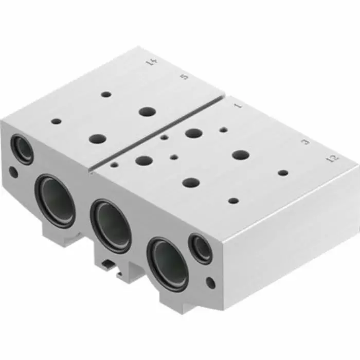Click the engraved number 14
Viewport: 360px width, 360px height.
[x=151, y=63]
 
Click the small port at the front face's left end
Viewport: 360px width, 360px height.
[x=22, y=149]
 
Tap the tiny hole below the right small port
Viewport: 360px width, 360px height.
[x=210, y=281]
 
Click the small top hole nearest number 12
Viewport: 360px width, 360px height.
[x=283, y=172]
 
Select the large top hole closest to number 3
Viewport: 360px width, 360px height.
[x=240, y=154]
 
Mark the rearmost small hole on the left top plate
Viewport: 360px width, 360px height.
[x=106, y=95]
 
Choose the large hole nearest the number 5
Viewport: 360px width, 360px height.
[x=148, y=111]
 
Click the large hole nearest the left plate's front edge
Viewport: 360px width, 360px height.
[x=97, y=139]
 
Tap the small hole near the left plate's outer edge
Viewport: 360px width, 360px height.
[x=56, y=122]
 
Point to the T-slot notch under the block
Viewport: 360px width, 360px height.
[x=109, y=266]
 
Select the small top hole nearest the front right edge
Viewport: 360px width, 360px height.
[x=233, y=201]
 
